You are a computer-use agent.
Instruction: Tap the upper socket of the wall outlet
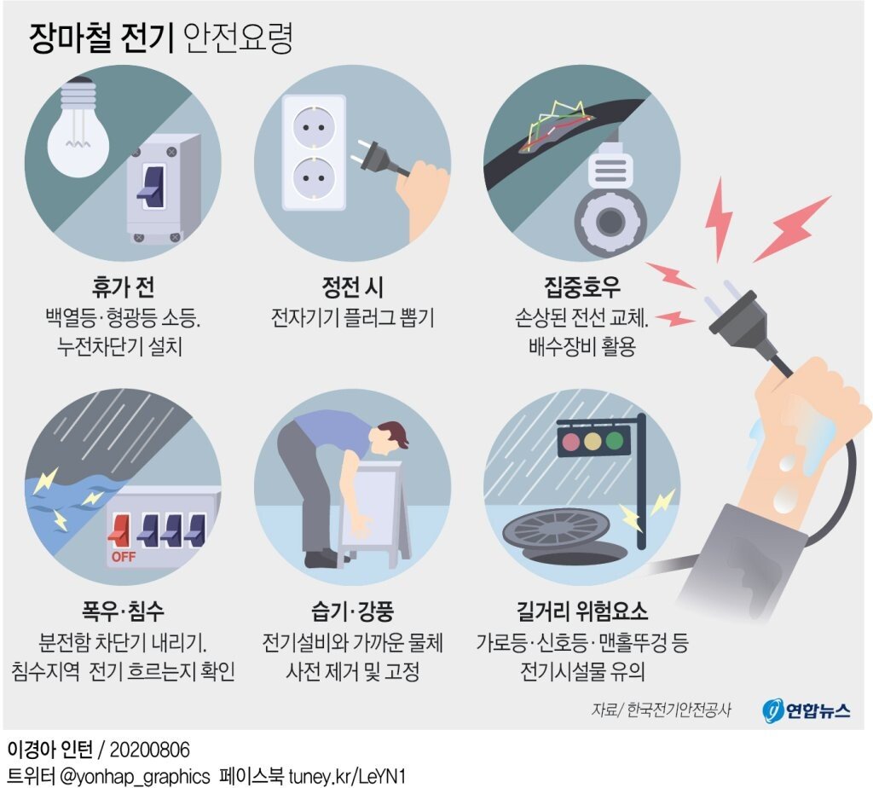[x=314, y=128]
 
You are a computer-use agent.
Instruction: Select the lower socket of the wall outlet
[x=314, y=179]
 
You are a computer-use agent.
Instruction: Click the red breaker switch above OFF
[x=119, y=530]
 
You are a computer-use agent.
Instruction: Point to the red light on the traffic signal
[x=571, y=442]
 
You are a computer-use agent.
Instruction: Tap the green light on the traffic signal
[x=615, y=441]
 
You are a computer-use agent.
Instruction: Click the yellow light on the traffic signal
[x=593, y=442]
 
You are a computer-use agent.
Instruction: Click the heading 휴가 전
[x=123, y=287]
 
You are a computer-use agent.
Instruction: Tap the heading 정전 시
[x=352, y=287]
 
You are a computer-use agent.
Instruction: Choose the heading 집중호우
[x=581, y=287]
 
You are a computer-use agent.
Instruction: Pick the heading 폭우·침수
[x=123, y=611]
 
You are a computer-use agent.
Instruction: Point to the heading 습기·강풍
[x=352, y=611]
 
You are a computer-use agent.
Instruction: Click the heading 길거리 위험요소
[x=582, y=611]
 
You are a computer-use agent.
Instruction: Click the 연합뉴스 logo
[x=807, y=710]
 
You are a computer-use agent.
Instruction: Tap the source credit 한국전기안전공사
[x=679, y=710]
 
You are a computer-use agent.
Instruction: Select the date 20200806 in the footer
[x=150, y=750]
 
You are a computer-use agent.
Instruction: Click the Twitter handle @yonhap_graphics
[x=135, y=776]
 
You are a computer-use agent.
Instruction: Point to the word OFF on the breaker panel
[x=124, y=557]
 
